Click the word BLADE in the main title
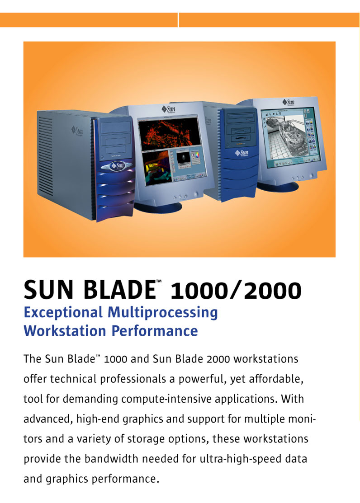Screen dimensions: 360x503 pyautogui.click(x=119, y=290)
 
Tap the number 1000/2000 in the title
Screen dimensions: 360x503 pyautogui.click(x=236, y=290)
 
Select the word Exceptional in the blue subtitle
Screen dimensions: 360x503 pyautogui.click(x=63, y=313)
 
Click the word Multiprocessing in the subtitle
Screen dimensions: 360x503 pyautogui.click(x=163, y=313)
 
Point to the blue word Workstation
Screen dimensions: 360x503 pyautogui.click(x=65, y=331)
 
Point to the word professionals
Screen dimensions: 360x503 pyautogui.click(x=133, y=379)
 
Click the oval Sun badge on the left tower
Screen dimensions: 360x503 pyautogui.click(x=117, y=165)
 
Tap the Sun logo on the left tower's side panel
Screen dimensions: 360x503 pyautogui.click(x=77, y=131)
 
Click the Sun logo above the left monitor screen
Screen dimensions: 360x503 pyautogui.click(x=168, y=109)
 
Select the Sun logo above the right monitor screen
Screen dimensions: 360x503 pyautogui.click(x=289, y=102)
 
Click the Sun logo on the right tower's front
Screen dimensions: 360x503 pyautogui.click(x=242, y=153)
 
